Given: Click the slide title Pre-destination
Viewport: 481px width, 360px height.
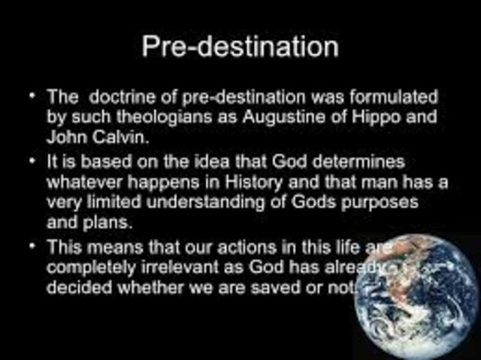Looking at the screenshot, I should [240, 47].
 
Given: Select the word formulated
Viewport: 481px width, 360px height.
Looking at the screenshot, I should [384, 98].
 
